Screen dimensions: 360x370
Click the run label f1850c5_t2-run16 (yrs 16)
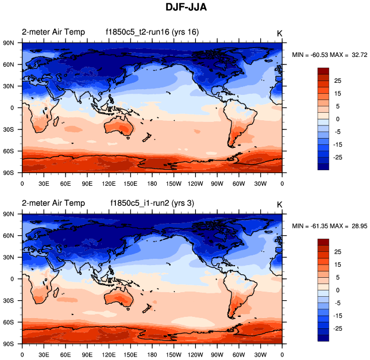click(x=152, y=32)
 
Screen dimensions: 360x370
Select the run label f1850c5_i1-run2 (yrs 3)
click(x=151, y=203)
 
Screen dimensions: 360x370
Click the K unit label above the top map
click(x=279, y=33)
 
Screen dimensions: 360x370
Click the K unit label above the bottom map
click(x=279, y=204)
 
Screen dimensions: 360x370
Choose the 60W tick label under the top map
click(x=239, y=183)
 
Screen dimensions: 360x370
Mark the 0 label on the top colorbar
click(x=338, y=119)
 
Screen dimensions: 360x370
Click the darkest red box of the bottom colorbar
click(x=322, y=242)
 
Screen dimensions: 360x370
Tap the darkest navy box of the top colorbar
click(x=322, y=166)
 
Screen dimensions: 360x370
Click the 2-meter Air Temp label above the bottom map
click(x=53, y=203)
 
